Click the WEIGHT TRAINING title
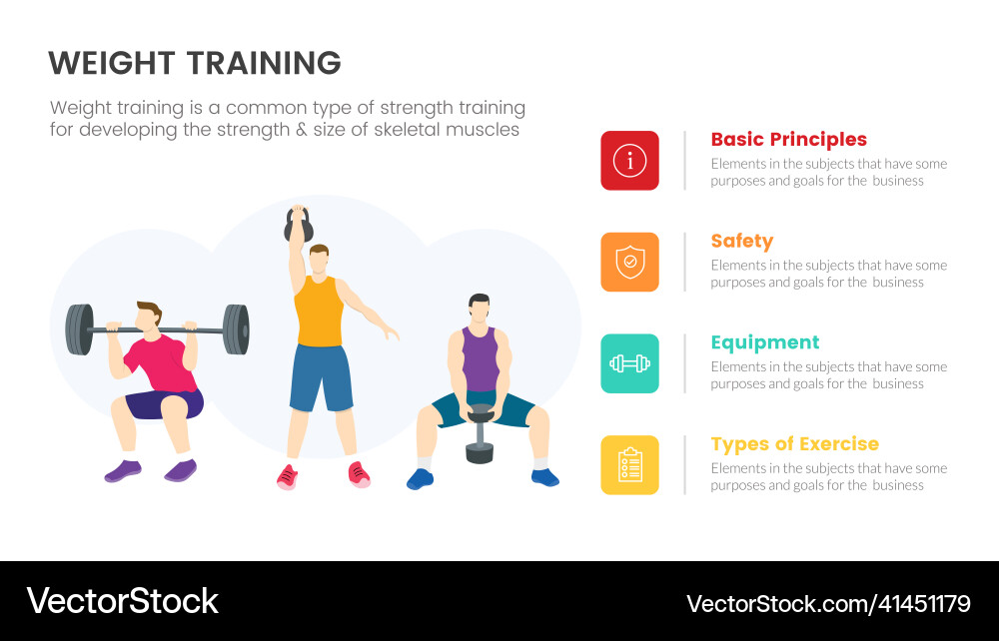195,63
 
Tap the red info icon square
629,160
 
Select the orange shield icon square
629,262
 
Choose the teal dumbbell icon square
629,363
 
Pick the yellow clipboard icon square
629,465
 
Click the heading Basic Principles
788,140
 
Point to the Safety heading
741,241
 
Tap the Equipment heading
764,342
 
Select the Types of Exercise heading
794,444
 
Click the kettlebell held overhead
297,227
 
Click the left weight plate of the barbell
79,329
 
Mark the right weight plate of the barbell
236,329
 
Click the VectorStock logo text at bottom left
122,601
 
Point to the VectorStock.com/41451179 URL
828,603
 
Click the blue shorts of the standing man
321,377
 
